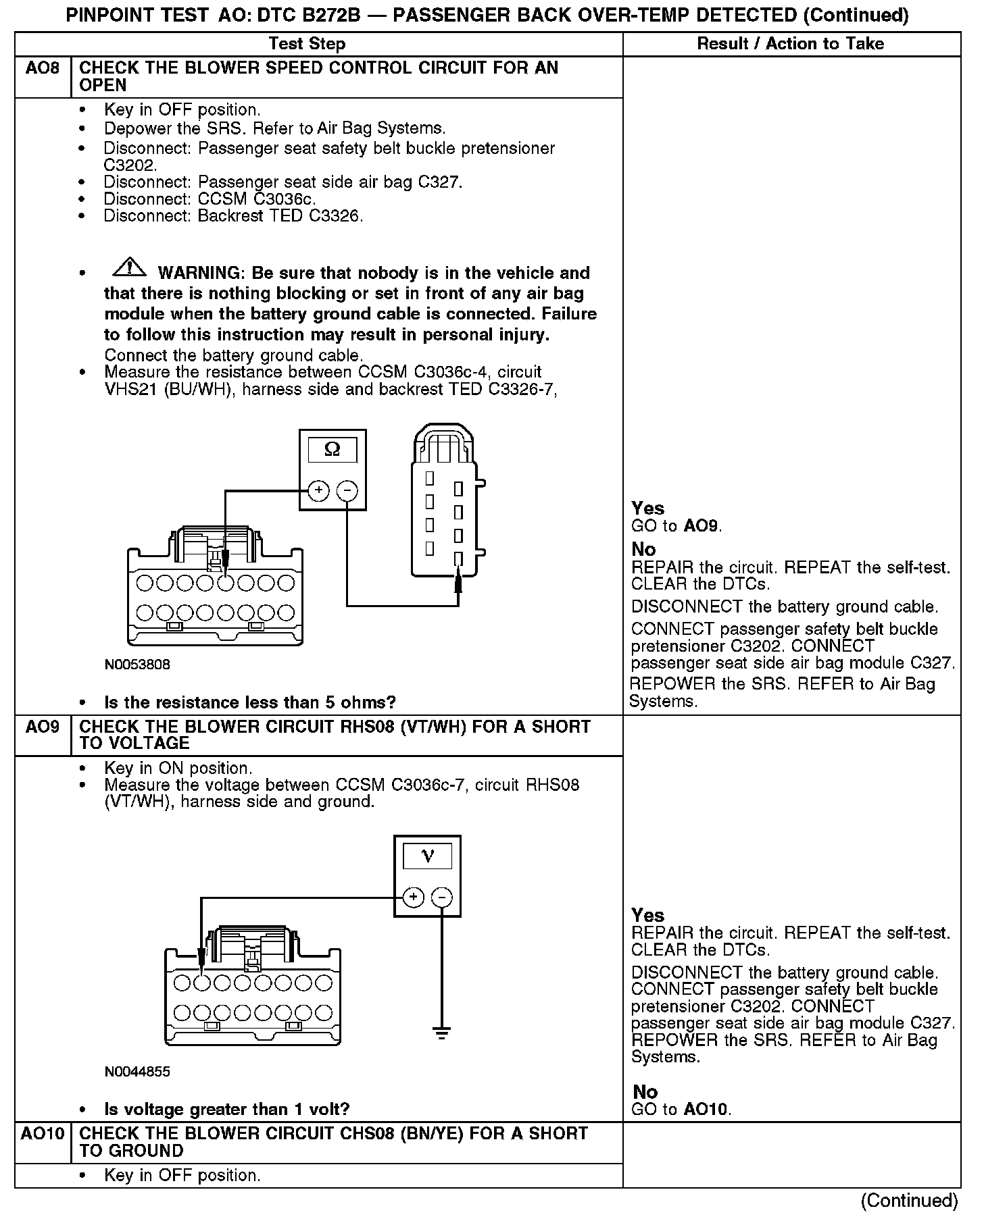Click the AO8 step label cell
(x=42, y=69)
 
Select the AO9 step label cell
(x=42, y=727)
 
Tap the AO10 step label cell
(x=42, y=1134)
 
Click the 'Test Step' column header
(x=307, y=44)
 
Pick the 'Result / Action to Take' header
(x=790, y=44)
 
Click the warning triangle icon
(x=130, y=268)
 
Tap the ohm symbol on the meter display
(x=333, y=450)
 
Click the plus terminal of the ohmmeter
(x=318, y=491)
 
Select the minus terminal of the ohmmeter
(x=347, y=491)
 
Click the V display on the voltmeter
(x=427, y=857)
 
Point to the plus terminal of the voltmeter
(x=413, y=898)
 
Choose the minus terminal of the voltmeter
(x=441, y=898)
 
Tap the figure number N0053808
(x=137, y=665)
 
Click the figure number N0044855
(x=137, y=1072)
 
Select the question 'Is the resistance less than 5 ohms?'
(x=249, y=702)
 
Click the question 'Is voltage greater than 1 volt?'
(x=226, y=1110)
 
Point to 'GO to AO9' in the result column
(x=676, y=526)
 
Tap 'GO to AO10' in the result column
(x=681, y=1109)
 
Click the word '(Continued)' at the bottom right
(x=909, y=1200)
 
